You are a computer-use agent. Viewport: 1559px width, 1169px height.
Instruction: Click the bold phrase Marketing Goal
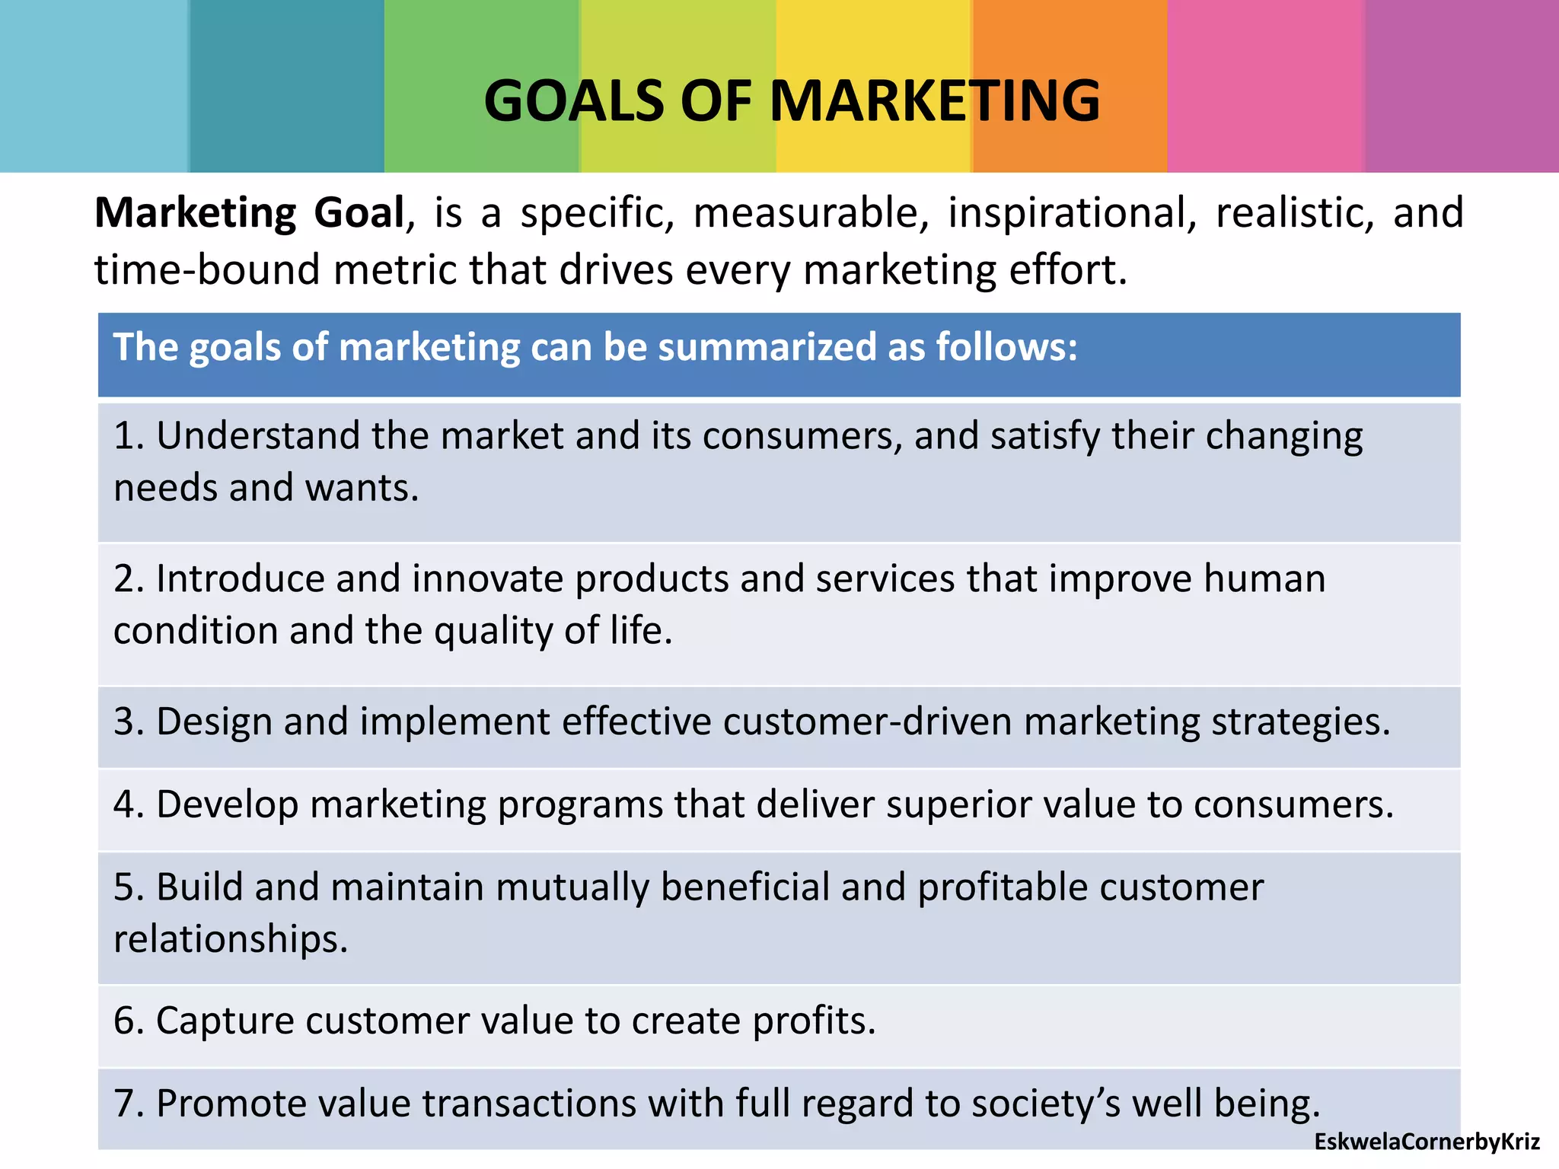point(250,212)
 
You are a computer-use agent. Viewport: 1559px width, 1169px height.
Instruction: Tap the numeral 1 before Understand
point(123,436)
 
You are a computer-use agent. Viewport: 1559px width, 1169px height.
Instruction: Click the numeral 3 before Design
point(124,721)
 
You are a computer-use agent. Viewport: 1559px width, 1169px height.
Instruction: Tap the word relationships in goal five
point(231,939)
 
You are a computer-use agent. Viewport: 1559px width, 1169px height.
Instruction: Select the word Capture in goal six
point(225,1021)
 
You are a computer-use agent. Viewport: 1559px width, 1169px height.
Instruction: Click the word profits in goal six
point(814,1021)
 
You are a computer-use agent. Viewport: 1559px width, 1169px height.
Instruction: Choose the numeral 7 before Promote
point(124,1104)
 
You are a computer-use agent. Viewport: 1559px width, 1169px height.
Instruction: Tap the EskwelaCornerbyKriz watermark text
point(1427,1142)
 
